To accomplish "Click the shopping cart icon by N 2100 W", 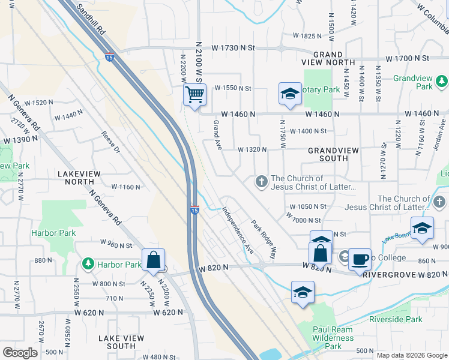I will coord(194,95).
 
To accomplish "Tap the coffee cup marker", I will coord(360,259).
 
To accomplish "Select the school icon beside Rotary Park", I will coord(290,94).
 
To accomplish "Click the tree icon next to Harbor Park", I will coord(88,264).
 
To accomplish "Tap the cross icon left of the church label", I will coord(261,181).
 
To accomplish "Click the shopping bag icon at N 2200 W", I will coord(154,260).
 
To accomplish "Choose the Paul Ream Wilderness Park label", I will coord(336,338).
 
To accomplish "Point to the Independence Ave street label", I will coord(238,229).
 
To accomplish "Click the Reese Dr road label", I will coord(111,142).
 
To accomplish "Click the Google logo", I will coord(20,353).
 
